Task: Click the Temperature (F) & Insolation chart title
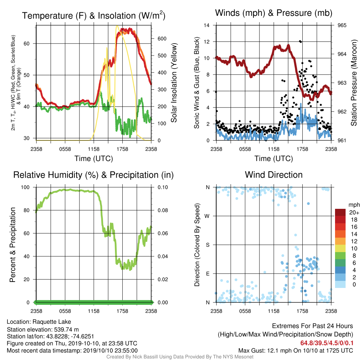click(x=94, y=15)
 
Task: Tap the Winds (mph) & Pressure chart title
click(x=274, y=13)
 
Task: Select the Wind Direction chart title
click(x=274, y=175)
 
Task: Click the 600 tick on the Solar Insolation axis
click(x=162, y=39)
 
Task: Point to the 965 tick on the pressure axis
click(x=342, y=25)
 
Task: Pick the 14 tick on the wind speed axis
click(x=206, y=25)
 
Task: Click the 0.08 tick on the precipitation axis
click(x=162, y=210)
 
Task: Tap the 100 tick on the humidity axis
click(x=25, y=187)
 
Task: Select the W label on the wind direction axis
click(x=207, y=216)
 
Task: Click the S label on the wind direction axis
click(x=207, y=245)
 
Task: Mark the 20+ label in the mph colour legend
click(x=354, y=213)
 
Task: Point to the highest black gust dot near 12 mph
click(x=300, y=41)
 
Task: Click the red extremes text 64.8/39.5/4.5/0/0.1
click(x=327, y=343)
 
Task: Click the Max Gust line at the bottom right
click(x=295, y=351)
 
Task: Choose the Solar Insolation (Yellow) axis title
click(x=174, y=83)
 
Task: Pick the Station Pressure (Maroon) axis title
click(x=354, y=83)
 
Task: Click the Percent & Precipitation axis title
click(x=13, y=245)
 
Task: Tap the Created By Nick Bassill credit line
click(x=180, y=357)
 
